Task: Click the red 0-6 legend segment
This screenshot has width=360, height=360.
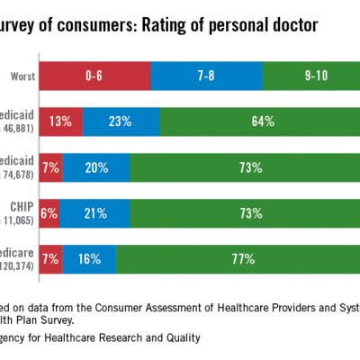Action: (x=94, y=77)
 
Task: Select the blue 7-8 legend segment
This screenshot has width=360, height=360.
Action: (x=206, y=77)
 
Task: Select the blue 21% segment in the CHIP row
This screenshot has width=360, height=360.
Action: (x=94, y=212)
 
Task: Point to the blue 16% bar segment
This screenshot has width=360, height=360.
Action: (x=90, y=257)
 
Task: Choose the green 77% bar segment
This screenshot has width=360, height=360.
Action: (x=238, y=257)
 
